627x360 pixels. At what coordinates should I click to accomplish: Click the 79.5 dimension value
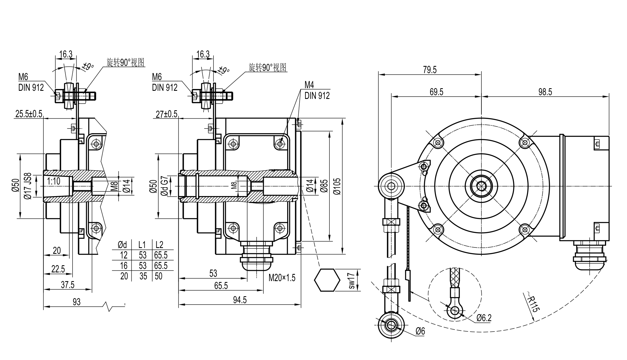430,70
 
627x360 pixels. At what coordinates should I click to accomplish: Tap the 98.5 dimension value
545,92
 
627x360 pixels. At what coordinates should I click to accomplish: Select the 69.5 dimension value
436,92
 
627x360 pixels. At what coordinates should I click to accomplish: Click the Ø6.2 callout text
484,318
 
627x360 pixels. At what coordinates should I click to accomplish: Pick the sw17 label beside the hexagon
351,280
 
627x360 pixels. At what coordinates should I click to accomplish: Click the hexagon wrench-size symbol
327,280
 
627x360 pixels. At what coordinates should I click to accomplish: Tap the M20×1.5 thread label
282,278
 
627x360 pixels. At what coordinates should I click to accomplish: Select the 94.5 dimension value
240,300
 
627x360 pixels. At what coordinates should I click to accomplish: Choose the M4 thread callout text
309,85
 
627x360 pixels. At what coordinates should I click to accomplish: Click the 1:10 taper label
54,181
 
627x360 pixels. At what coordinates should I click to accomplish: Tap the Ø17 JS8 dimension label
28,186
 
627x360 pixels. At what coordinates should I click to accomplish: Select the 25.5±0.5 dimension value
29,114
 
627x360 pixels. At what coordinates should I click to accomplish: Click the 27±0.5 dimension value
166,114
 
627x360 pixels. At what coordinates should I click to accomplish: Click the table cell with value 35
143,276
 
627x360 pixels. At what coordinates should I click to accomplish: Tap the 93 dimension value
76,302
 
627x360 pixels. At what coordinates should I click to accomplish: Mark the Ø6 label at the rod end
420,331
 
